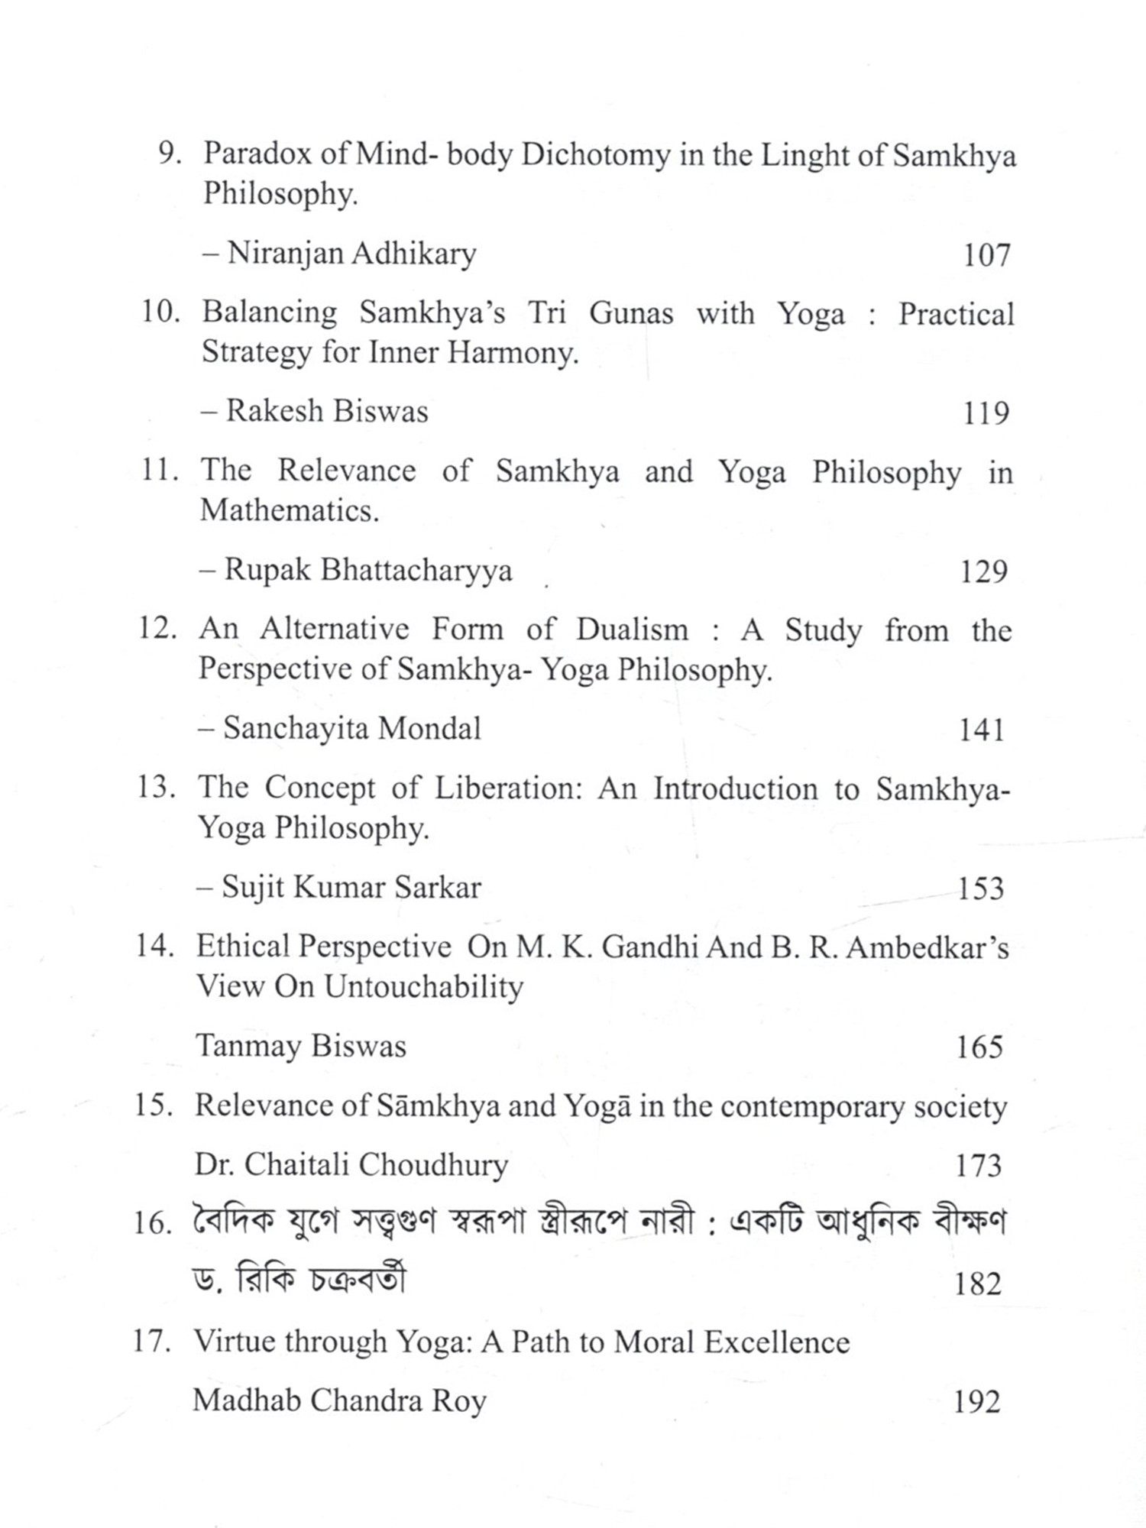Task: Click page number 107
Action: (986, 255)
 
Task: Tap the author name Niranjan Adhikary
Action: (351, 254)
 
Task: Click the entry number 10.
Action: (159, 312)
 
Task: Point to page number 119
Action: (986, 413)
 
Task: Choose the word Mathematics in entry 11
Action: (290, 510)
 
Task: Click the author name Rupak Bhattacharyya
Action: (367, 571)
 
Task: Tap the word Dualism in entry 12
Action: (632, 630)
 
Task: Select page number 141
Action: (982, 730)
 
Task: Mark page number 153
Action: (981, 889)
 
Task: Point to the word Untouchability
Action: (423, 986)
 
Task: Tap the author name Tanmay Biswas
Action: (301, 1046)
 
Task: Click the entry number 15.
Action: (153, 1106)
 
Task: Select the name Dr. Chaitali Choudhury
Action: (351, 1165)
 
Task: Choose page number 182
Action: (977, 1284)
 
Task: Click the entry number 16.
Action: (152, 1224)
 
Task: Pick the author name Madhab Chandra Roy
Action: (339, 1401)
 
